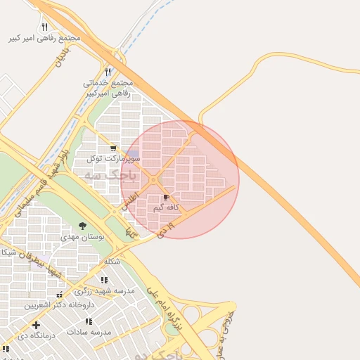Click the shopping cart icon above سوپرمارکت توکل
113,148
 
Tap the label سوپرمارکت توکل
114,159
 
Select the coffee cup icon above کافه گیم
167,198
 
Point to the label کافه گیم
167,207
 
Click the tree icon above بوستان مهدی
83,226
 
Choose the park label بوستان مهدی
86,238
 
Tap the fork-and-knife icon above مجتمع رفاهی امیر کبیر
44,27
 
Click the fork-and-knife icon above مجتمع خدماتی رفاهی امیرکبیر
108,72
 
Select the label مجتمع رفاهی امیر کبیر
44,38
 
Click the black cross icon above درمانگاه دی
36,325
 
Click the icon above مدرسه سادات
89,321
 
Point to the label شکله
112,262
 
